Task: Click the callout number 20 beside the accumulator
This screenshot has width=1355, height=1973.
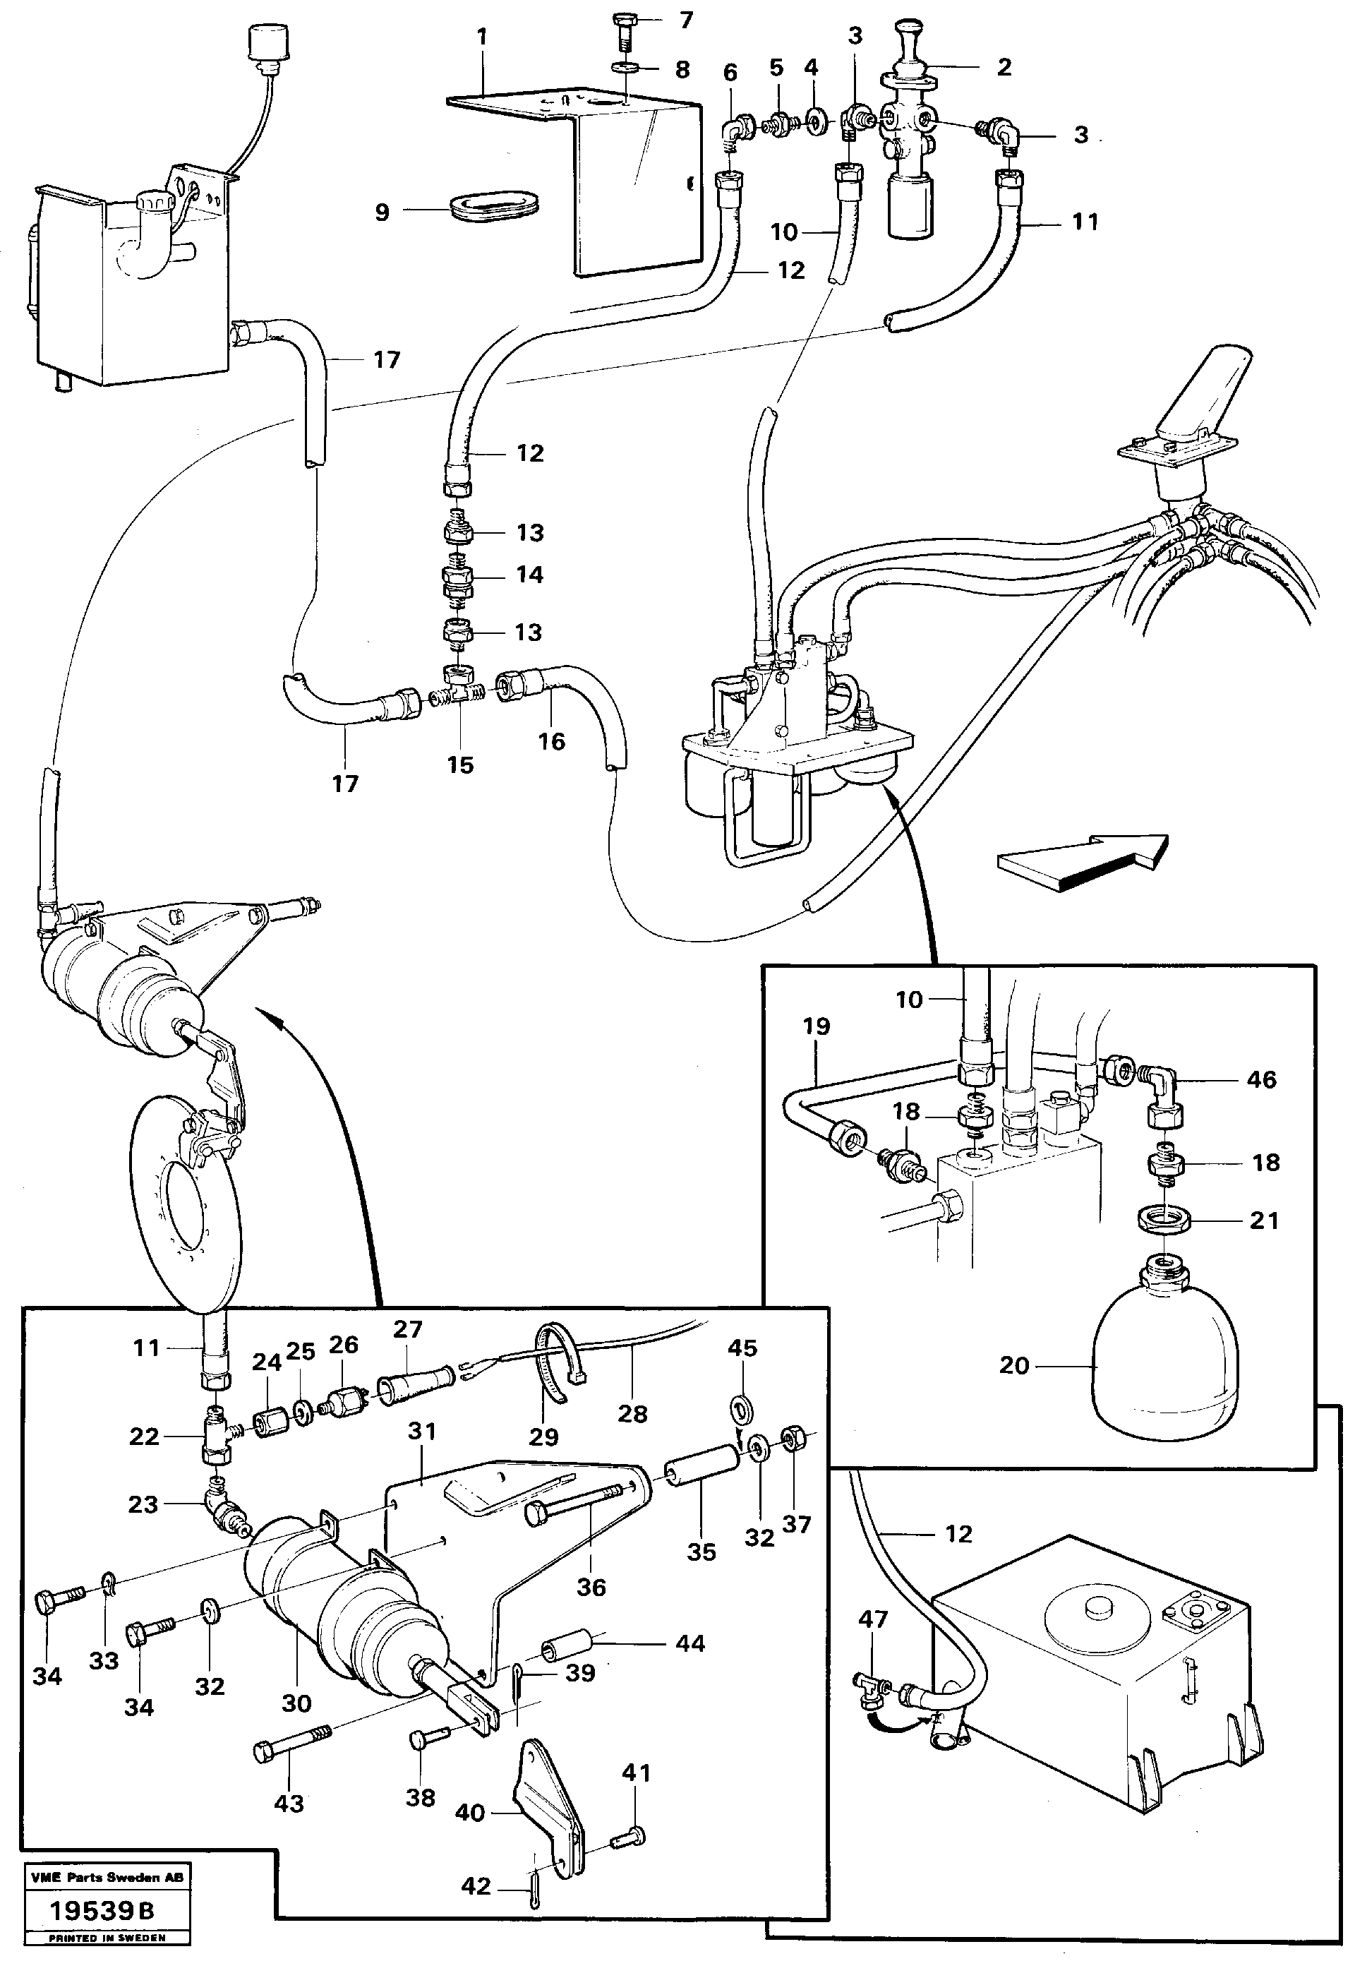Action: [1013, 1366]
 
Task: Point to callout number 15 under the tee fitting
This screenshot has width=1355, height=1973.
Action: [460, 765]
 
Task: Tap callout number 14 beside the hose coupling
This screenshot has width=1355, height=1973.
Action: [530, 575]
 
